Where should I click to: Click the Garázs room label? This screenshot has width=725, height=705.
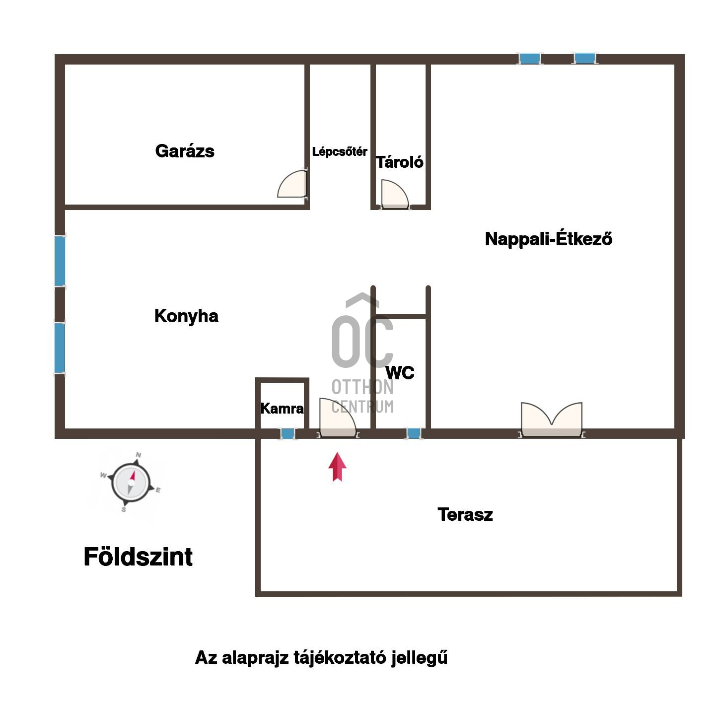pyautogui.click(x=184, y=151)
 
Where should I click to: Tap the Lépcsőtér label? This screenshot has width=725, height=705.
pyautogui.click(x=339, y=151)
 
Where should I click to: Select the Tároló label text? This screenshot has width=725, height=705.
pyautogui.click(x=399, y=162)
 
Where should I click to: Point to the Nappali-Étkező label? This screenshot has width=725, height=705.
pyautogui.click(x=548, y=239)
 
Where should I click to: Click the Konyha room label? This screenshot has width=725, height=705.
pyautogui.click(x=186, y=316)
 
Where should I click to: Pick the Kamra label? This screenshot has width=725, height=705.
pyautogui.click(x=282, y=409)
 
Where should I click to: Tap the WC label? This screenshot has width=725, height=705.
pyautogui.click(x=400, y=372)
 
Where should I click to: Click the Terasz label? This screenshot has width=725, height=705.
pyautogui.click(x=465, y=514)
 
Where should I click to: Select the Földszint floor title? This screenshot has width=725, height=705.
pyautogui.click(x=138, y=557)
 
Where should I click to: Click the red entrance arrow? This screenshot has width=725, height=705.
pyautogui.click(x=337, y=467)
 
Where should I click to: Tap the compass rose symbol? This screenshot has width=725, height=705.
pyautogui.click(x=131, y=482)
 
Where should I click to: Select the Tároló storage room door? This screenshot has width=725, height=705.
pyautogui.click(x=395, y=194)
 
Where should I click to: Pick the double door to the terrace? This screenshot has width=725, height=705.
pyautogui.click(x=551, y=420)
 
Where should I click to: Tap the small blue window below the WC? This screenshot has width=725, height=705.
pyautogui.click(x=414, y=433)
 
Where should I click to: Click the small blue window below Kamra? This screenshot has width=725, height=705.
pyautogui.click(x=288, y=434)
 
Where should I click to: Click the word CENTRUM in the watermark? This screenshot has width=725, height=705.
pyautogui.click(x=362, y=407)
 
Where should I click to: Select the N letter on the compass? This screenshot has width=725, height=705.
pyautogui.click(x=139, y=455)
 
